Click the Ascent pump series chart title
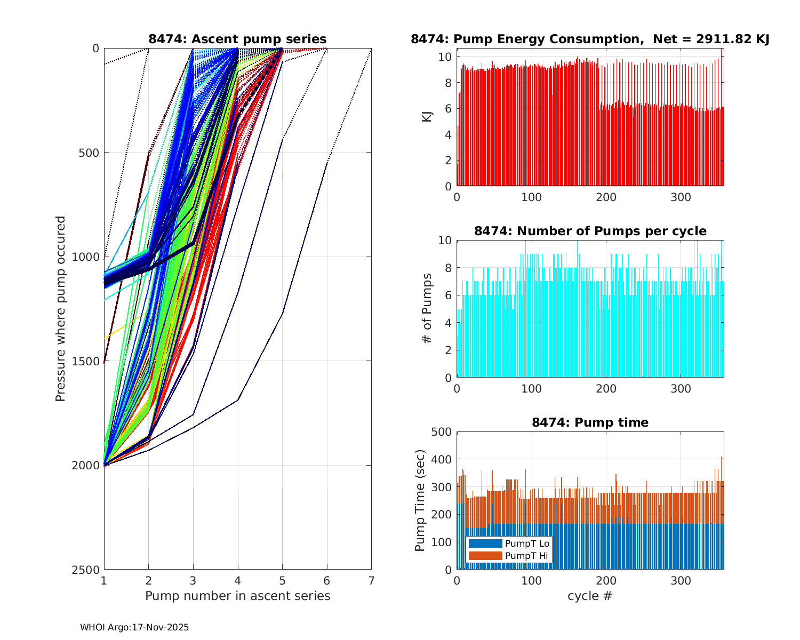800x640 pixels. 237,39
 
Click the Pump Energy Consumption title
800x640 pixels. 590,39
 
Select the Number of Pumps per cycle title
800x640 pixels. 590,231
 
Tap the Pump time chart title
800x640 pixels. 590,422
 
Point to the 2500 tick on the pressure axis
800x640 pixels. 89,570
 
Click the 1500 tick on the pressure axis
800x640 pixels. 89,361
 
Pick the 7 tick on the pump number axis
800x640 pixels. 371,580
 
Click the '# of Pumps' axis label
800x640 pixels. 427,308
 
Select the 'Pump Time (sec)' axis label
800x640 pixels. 420,500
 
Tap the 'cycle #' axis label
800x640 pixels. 590,596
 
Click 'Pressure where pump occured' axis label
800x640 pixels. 60,308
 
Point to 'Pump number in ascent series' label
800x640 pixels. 237,596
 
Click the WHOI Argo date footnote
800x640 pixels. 134,628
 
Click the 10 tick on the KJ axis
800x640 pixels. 446,57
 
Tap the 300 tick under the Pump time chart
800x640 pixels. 681,580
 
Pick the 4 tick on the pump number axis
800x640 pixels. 237,580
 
